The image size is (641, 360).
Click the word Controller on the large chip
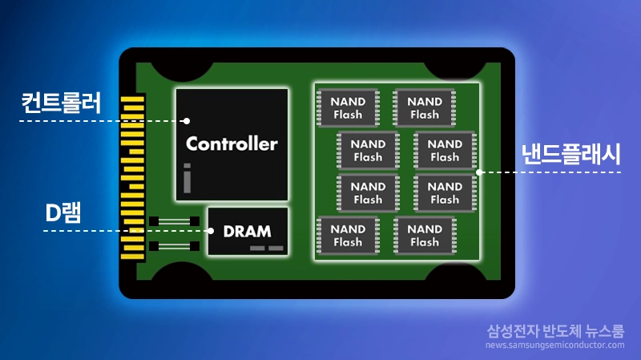point(232,144)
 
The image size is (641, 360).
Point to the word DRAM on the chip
point(247,232)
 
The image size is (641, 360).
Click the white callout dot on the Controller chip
point(186,121)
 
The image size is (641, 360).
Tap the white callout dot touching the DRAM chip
point(212,231)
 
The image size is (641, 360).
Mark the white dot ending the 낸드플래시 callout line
point(479,172)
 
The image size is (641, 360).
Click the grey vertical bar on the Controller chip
point(187,178)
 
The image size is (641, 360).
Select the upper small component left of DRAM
point(175,220)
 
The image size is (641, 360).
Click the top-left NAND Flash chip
point(348,108)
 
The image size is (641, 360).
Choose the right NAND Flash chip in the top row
point(425,108)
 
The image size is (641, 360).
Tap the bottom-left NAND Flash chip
point(348,236)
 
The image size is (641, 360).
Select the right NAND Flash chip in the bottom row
point(425,236)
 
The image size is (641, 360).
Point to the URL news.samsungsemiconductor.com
point(554,346)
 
